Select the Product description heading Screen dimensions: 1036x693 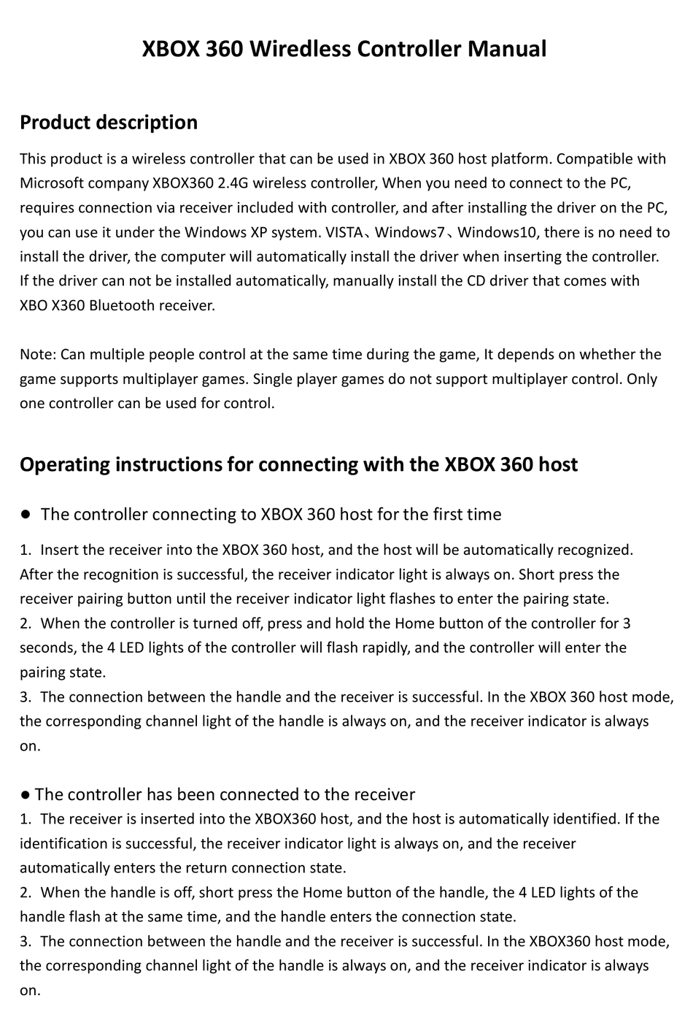click(109, 122)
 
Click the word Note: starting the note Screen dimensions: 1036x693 click(38, 355)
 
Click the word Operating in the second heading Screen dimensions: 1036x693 click(65, 464)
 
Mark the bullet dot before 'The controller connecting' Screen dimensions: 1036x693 click(25, 514)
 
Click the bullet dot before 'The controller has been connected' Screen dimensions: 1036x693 click(25, 794)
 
